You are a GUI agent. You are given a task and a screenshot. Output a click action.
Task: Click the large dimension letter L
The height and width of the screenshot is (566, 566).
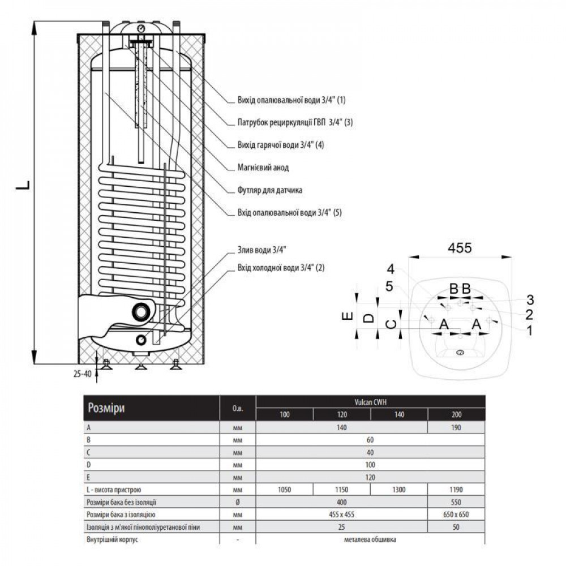coord(23,186)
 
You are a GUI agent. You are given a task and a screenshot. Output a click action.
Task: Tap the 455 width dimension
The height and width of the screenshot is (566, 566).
coord(460,248)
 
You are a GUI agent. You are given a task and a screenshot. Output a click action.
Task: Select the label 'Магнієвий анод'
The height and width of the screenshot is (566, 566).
coord(263,168)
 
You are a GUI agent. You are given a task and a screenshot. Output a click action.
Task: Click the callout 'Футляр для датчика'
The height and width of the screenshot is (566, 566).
coord(269,190)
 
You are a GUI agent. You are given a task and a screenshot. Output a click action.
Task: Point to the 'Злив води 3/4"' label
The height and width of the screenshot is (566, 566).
coord(261,250)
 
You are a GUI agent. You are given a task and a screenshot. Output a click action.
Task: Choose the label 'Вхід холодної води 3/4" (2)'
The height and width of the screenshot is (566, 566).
coord(281,268)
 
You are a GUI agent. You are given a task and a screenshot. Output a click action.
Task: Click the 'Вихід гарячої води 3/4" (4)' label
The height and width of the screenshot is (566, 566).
coord(281,145)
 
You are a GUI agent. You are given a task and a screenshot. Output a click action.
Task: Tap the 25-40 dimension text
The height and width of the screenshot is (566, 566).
coord(83,374)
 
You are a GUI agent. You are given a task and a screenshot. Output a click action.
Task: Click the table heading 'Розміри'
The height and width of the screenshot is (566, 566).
coord(106,408)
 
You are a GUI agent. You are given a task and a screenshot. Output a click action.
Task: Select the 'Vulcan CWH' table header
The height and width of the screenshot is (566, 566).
coord(370,402)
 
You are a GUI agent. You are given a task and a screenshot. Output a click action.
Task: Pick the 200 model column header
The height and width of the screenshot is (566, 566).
coord(456,414)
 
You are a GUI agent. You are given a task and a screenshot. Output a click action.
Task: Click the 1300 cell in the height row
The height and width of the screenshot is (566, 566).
coord(399,490)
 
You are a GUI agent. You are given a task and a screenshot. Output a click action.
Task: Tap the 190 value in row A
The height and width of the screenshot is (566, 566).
coord(456,428)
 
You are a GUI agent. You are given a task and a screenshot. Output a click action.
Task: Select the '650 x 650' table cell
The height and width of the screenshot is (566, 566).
coord(456,514)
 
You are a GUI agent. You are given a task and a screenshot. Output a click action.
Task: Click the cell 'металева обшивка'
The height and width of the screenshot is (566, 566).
coord(370,539)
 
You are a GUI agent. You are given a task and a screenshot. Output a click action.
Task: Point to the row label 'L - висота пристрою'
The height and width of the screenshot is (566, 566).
coord(114,490)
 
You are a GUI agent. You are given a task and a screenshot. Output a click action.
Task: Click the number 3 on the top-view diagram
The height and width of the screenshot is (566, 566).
coord(530,299)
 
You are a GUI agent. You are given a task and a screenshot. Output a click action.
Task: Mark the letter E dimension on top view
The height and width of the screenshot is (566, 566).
coord(348,316)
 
